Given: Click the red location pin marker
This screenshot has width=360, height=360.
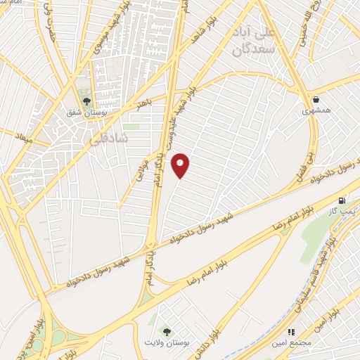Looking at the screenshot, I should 181,165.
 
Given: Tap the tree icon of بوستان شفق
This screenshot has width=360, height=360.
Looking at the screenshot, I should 86,101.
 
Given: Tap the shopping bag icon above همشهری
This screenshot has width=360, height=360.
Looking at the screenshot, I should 316,100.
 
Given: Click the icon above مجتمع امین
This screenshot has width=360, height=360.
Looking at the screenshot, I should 290,331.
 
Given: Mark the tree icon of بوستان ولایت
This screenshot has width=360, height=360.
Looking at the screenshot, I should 167,331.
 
